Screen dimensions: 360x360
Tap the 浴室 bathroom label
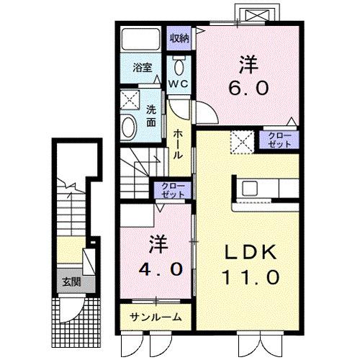coord(143,68)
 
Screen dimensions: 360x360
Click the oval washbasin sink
coord(130,129)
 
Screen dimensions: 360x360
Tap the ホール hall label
coord(178,144)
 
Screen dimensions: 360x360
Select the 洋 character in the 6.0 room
coord(249,64)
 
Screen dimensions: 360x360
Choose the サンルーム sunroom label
coord(156,317)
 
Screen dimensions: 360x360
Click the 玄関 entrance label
coord(71,282)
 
